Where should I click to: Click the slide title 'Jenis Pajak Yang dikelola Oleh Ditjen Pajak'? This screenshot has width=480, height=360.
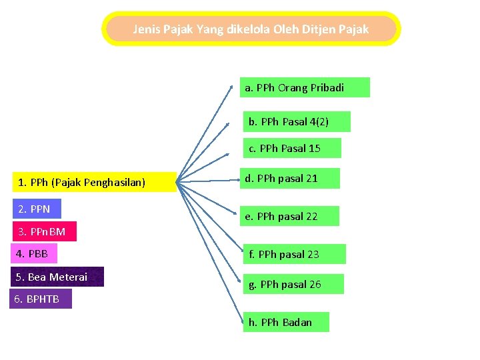coord(251,29)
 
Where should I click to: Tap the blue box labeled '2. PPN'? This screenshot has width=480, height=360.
coord(36,209)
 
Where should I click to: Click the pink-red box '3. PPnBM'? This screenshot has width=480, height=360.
coord(43,231)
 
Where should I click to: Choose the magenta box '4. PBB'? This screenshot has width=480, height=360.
coord(34,254)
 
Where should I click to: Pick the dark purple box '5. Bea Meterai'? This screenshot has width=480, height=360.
coord(57,277)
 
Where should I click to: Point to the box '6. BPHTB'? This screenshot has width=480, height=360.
coord(40,299)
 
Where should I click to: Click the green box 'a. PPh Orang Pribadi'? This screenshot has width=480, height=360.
coord(304,87)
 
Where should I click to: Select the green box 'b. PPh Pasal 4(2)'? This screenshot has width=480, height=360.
coord(296,121)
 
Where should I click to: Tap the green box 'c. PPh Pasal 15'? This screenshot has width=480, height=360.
coord(291,148)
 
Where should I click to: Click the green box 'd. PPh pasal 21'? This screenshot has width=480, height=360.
coord(291,178)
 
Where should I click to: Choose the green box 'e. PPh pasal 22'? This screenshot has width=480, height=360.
coord(290,216)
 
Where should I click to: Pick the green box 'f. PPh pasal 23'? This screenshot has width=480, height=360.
coord(294,254)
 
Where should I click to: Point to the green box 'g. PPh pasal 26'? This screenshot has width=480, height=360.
coord(293,284)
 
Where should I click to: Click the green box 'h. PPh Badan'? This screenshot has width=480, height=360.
coord(285,322)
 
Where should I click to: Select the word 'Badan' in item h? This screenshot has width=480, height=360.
coord(297,322)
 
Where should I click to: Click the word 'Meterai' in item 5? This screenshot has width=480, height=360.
coord(69,277)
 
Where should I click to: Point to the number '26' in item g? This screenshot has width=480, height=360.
coord(315,284)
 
